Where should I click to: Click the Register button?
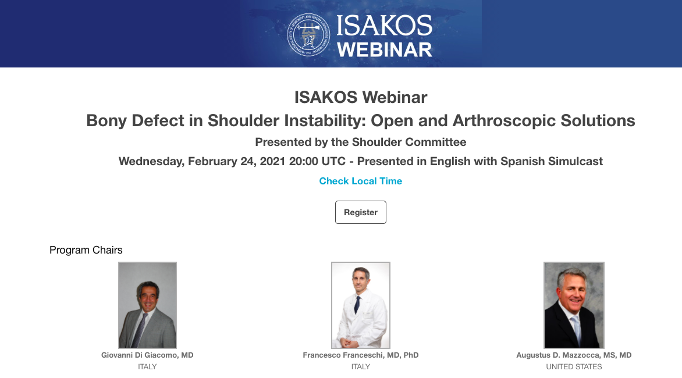pyautogui.click(x=361, y=212)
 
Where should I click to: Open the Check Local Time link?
pyautogui.click(x=361, y=181)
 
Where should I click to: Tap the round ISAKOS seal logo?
pyautogui.click(x=308, y=35)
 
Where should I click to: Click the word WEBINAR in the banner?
pyautogui.click(x=385, y=49)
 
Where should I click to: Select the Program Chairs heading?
pyautogui.click(x=86, y=250)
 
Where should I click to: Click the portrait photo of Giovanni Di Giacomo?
pyautogui.click(x=147, y=305)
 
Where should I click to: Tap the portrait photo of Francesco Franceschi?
pyautogui.click(x=361, y=305)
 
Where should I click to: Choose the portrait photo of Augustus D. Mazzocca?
pyautogui.click(x=574, y=305)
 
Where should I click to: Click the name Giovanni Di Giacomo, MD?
pyautogui.click(x=147, y=355)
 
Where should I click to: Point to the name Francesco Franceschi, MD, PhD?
pyautogui.click(x=361, y=355)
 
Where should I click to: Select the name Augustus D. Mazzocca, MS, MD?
pyautogui.click(x=574, y=355)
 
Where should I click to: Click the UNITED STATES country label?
pyautogui.click(x=574, y=367)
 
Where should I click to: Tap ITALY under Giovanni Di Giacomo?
pyautogui.click(x=147, y=367)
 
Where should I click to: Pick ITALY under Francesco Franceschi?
pyautogui.click(x=361, y=367)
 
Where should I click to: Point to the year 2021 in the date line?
pyautogui.click(x=272, y=161)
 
